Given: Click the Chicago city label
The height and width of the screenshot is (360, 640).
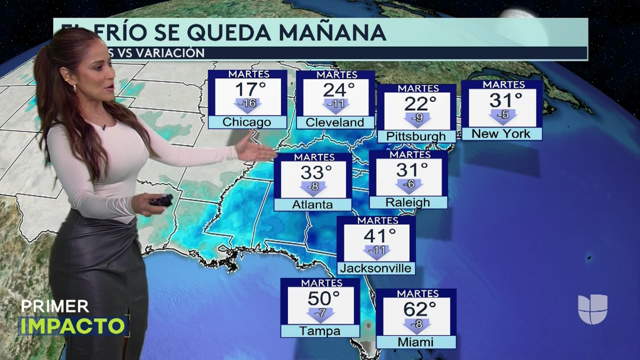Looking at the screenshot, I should [247, 122].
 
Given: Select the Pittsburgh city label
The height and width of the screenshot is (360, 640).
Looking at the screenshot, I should [416, 136].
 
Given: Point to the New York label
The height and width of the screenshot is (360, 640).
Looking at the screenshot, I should [500, 133].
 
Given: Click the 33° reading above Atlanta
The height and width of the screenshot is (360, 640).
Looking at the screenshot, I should [316, 172].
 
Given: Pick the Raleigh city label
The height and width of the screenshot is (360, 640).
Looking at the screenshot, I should [407, 202].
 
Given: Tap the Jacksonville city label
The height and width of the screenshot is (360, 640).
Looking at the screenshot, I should [375, 268].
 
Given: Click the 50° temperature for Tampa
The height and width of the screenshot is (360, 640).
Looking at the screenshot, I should [323, 298].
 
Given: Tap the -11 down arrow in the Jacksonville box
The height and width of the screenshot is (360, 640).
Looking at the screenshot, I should [376, 250].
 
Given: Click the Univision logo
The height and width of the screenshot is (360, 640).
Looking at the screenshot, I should [592, 309].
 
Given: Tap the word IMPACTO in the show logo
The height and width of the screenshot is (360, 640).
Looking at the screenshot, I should [72, 325].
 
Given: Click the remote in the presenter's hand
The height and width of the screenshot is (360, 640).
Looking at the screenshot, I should [161, 201].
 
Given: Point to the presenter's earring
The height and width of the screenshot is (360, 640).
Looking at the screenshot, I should [75, 88].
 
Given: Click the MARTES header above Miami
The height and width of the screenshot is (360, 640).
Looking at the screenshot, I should [417, 293].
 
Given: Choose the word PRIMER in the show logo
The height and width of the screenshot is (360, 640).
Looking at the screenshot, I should [55, 306].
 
